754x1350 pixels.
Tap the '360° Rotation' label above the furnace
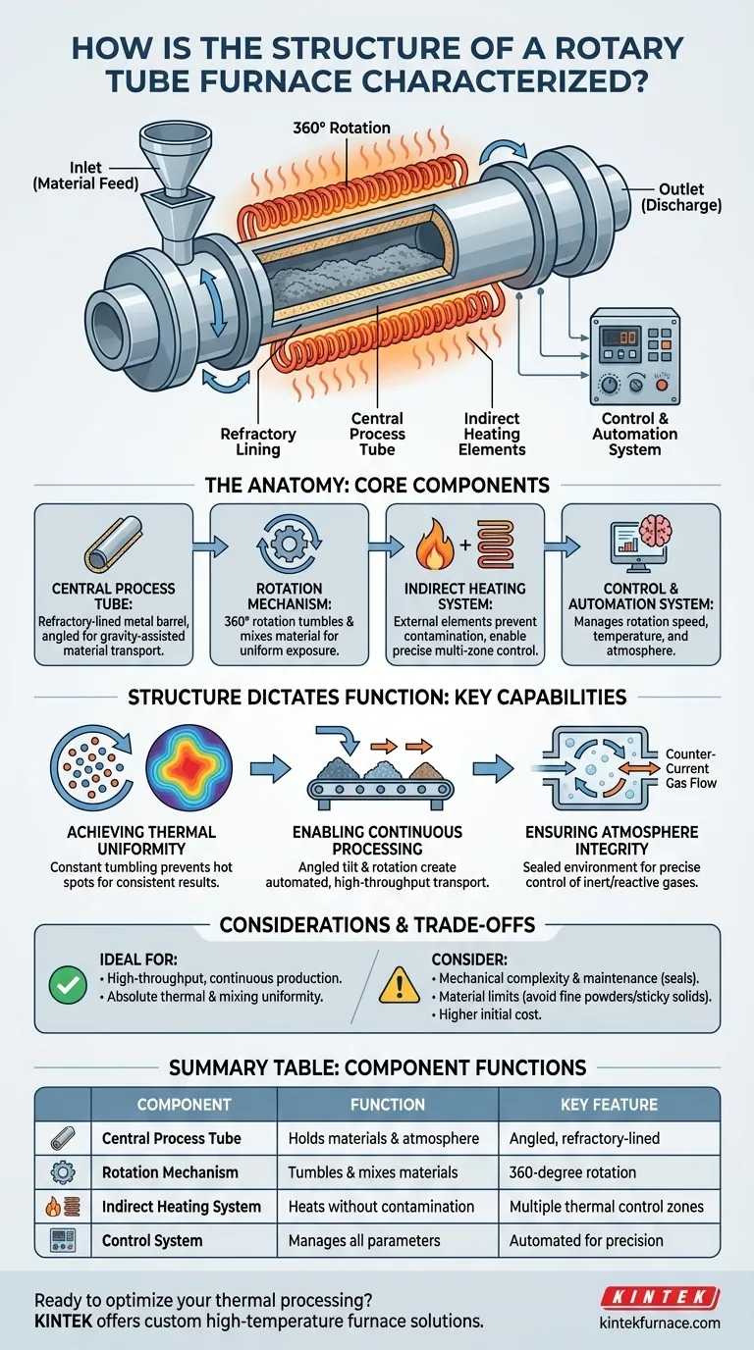(x=342, y=128)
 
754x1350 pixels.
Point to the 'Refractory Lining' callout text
(x=258, y=441)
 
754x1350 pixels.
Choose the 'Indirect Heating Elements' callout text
(x=492, y=433)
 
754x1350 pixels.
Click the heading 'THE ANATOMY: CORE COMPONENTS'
(x=377, y=486)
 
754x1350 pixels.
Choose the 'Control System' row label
(x=152, y=1240)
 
